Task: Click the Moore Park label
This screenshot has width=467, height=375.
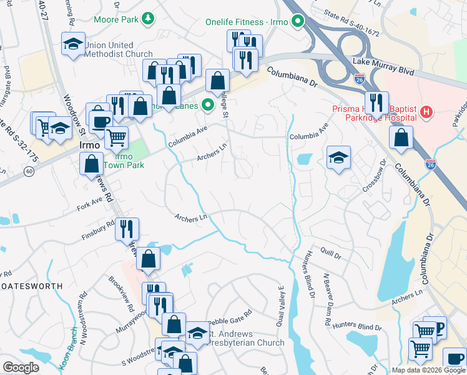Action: click(x=116, y=19)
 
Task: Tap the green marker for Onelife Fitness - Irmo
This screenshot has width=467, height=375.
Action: click(x=298, y=22)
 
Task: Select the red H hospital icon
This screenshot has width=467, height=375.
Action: click(x=426, y=112)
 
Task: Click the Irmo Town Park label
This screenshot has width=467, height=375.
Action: click(x=124, y=161)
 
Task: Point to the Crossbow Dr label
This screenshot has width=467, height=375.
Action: click(x=374, y=179)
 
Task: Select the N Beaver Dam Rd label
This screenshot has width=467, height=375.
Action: click(x=325, y=299)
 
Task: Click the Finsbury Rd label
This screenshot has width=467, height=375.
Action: click(x=98, y=229)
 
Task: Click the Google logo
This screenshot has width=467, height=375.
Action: click(x=21, y=367)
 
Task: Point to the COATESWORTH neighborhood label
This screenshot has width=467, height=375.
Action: click(x=31, y=286)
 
